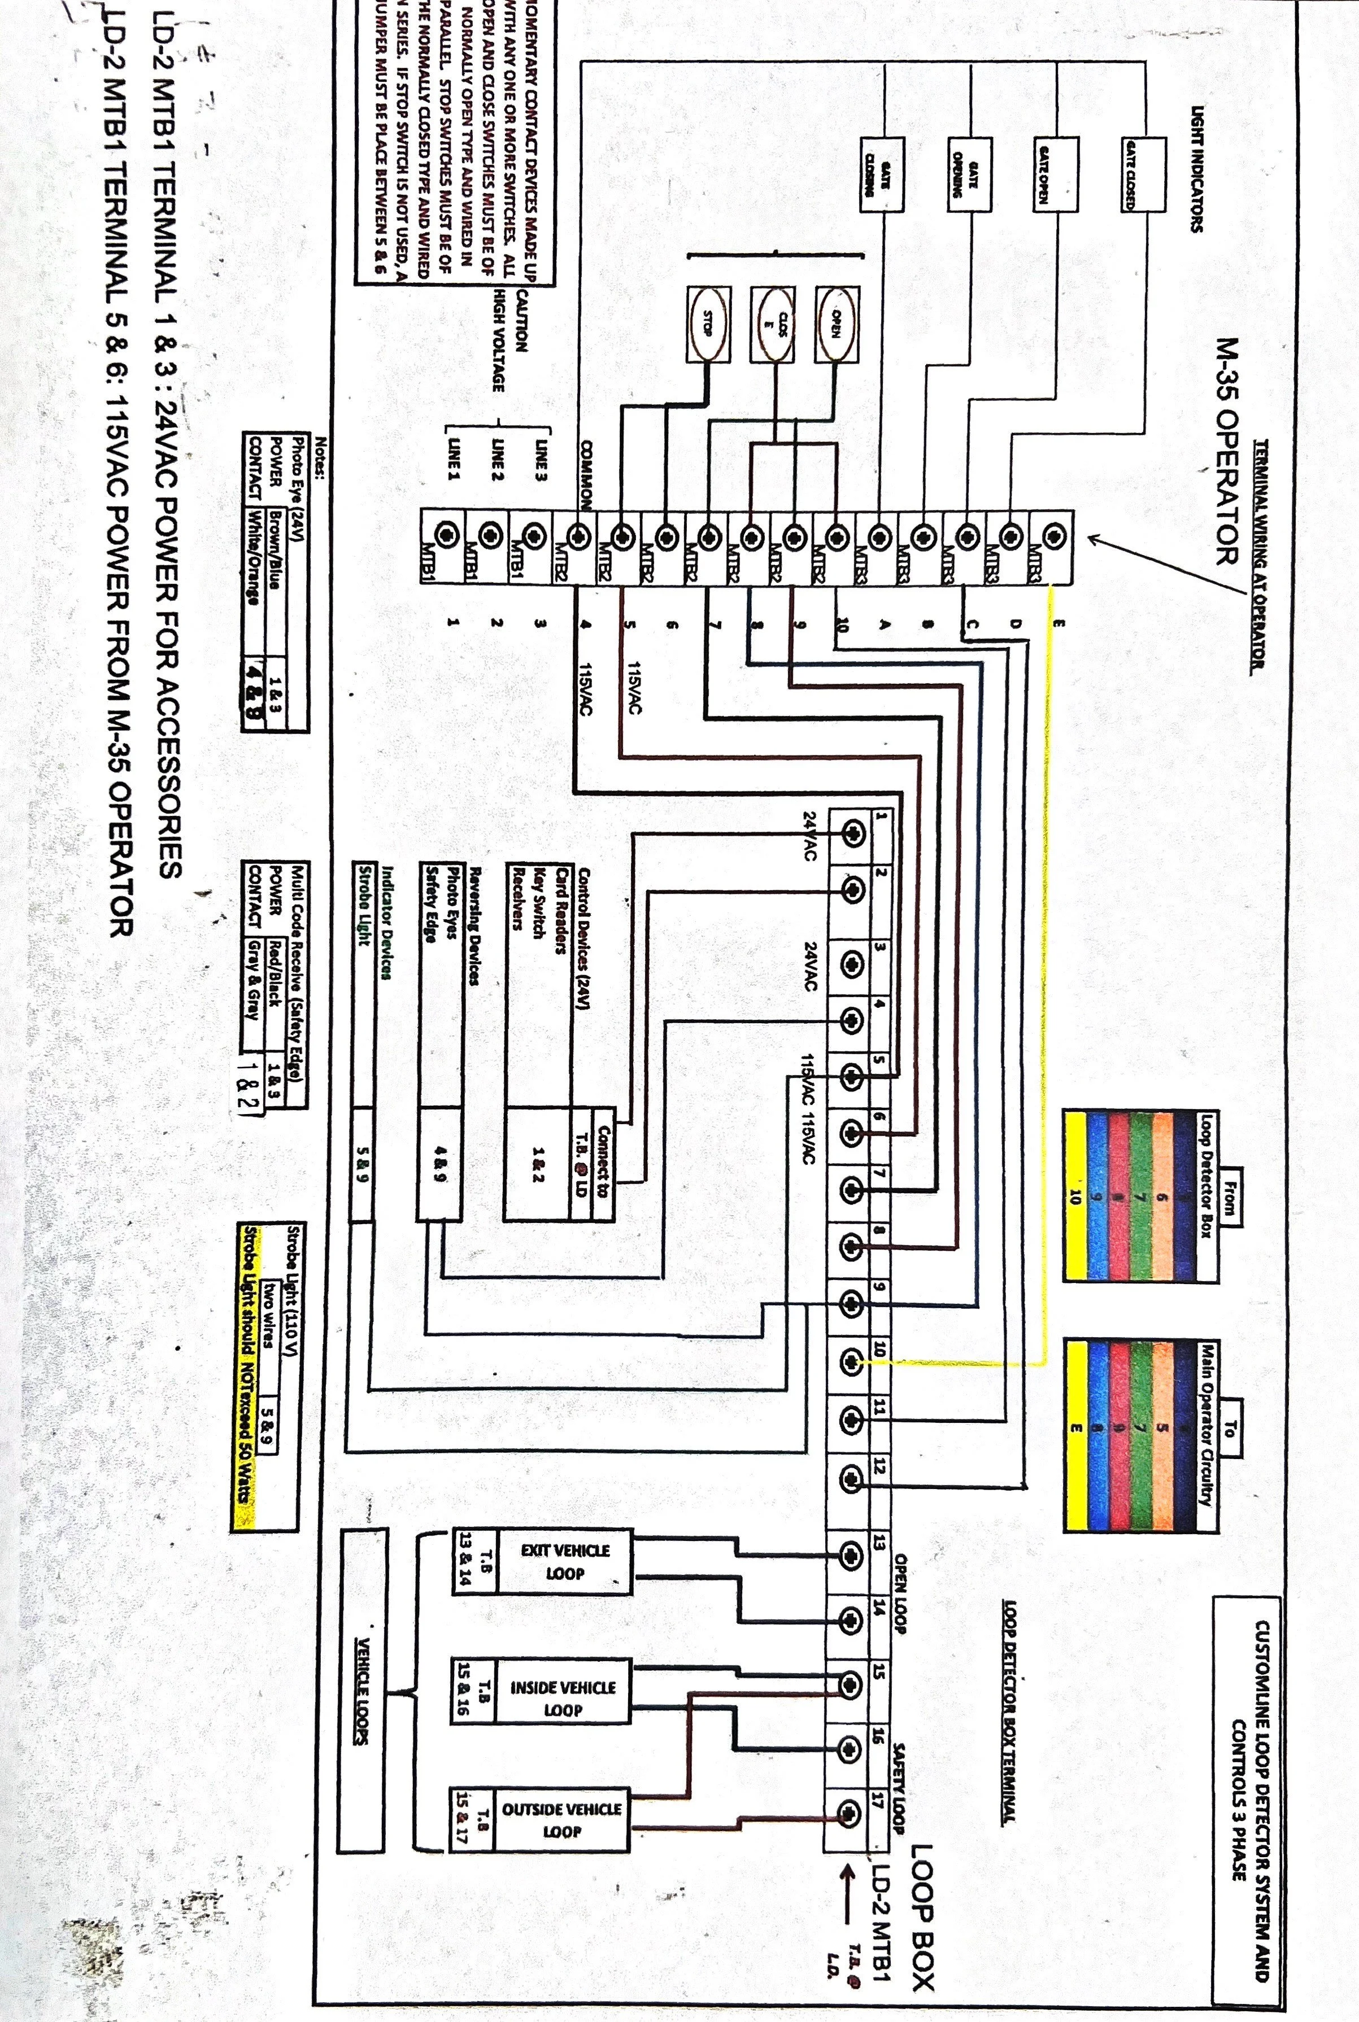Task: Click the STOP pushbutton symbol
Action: coord(708,324)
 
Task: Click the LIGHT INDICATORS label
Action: coord(1197,169)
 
